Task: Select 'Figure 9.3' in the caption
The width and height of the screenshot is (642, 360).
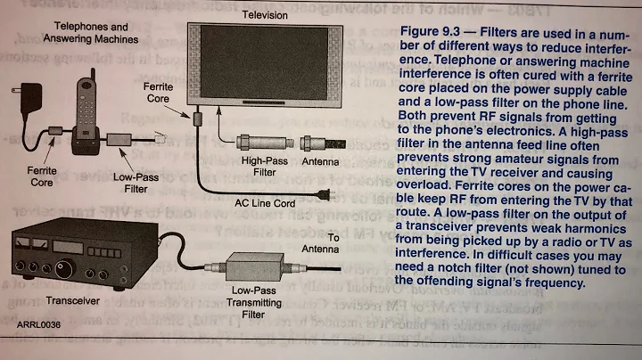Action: (x=437, y=33)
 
